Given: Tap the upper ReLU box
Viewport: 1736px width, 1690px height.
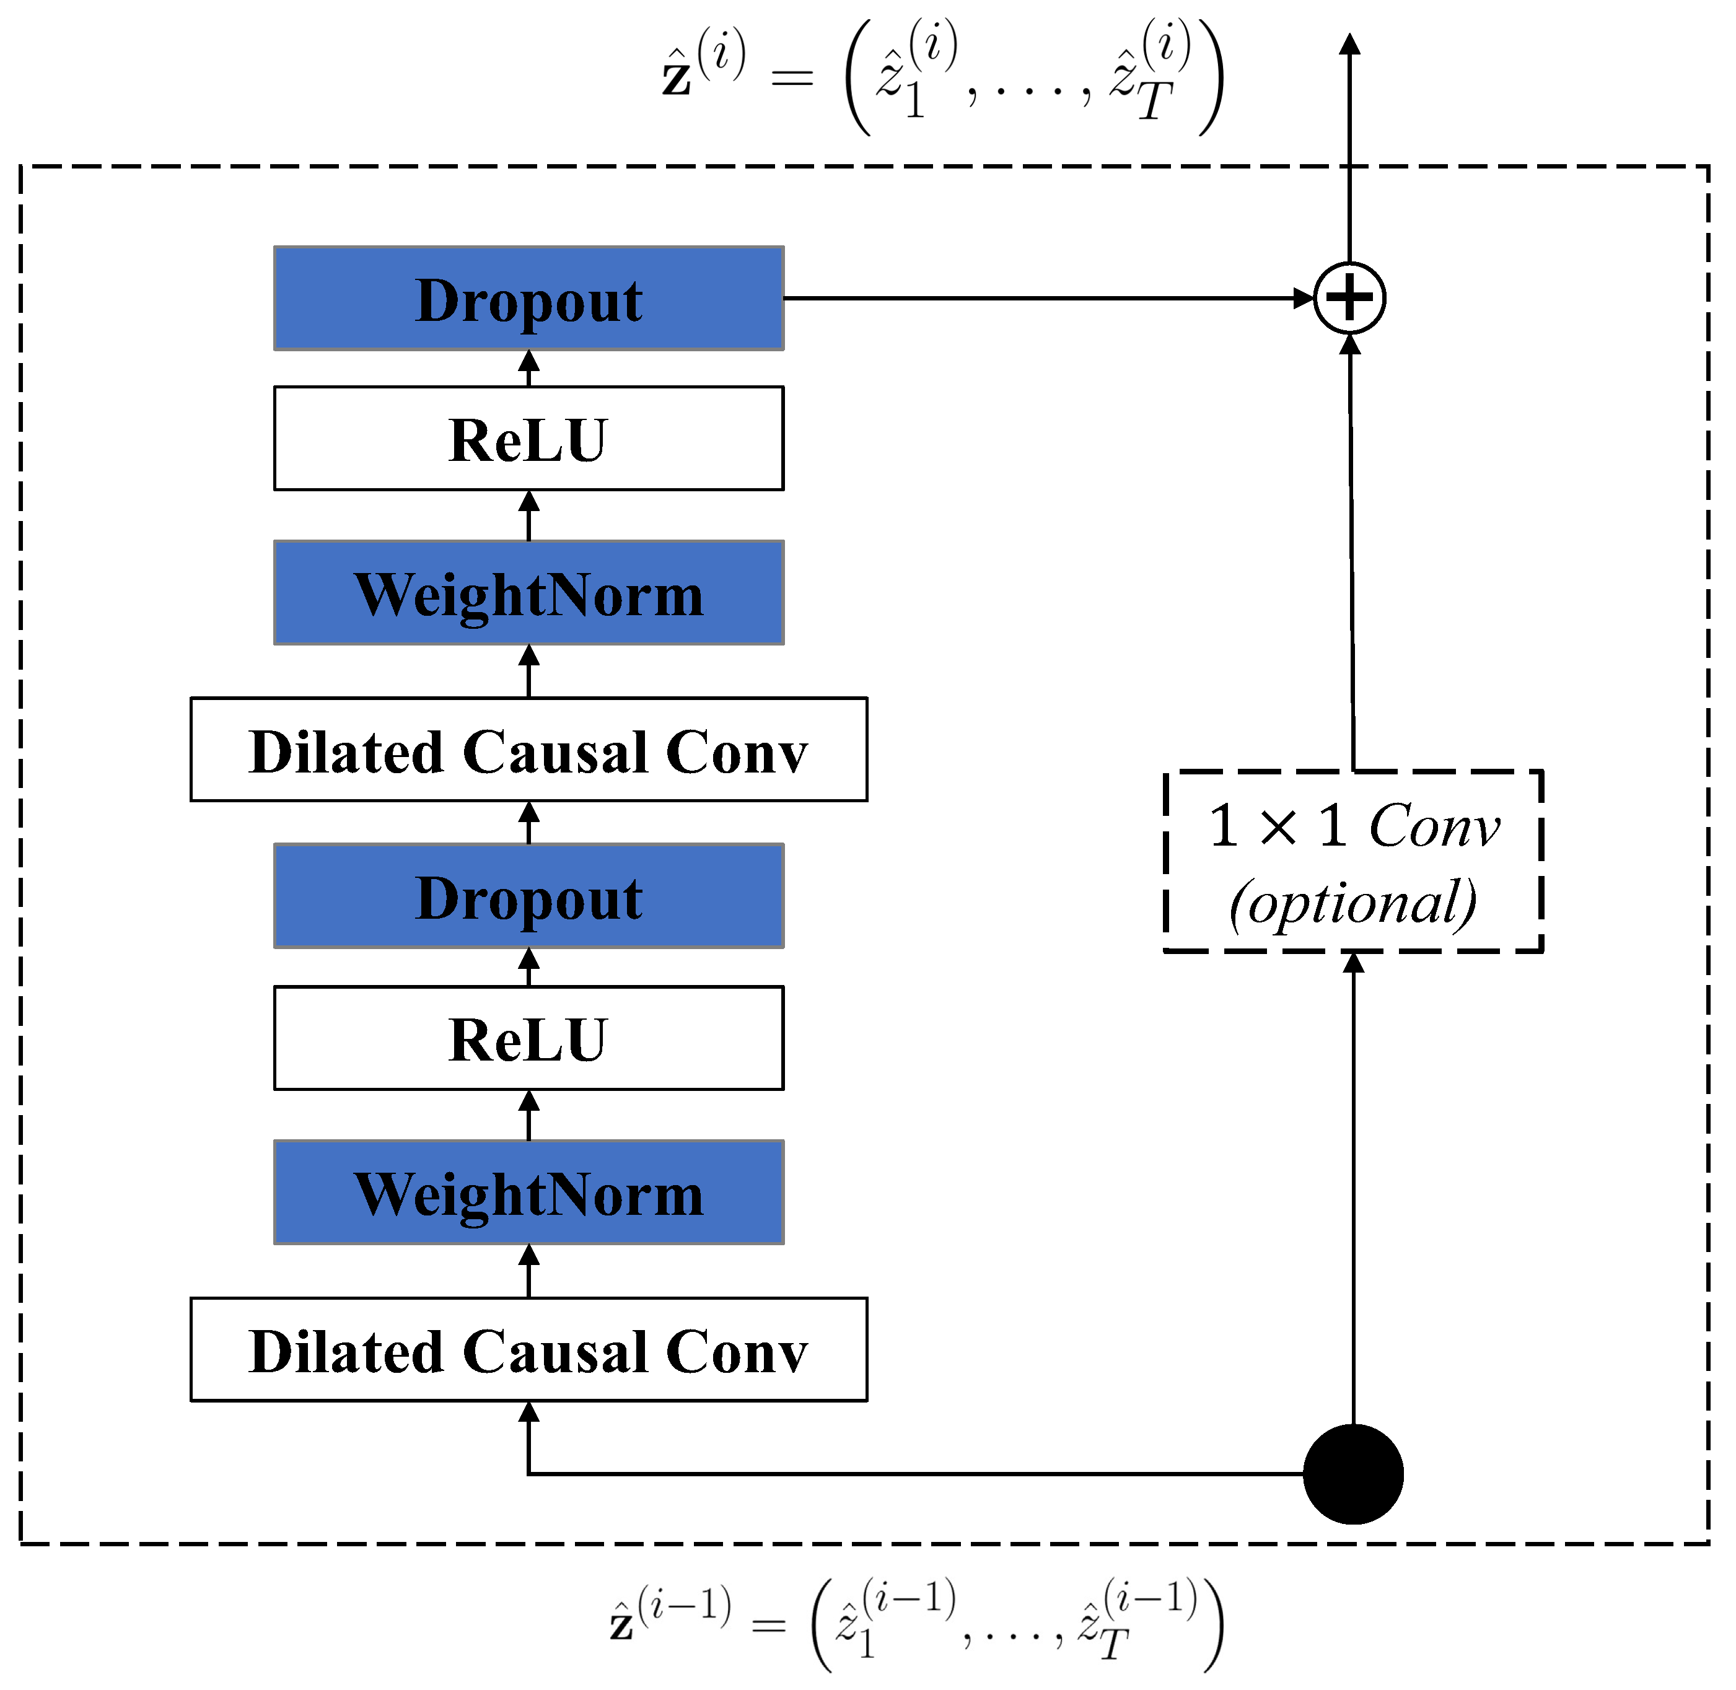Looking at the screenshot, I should tap(529, 439).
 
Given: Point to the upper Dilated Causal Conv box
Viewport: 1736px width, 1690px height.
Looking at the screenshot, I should tap(529, 751).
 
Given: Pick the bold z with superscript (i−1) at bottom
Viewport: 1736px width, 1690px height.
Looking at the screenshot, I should tap(622, 1625).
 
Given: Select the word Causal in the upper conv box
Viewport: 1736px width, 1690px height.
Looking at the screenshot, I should tap(556, 753).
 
